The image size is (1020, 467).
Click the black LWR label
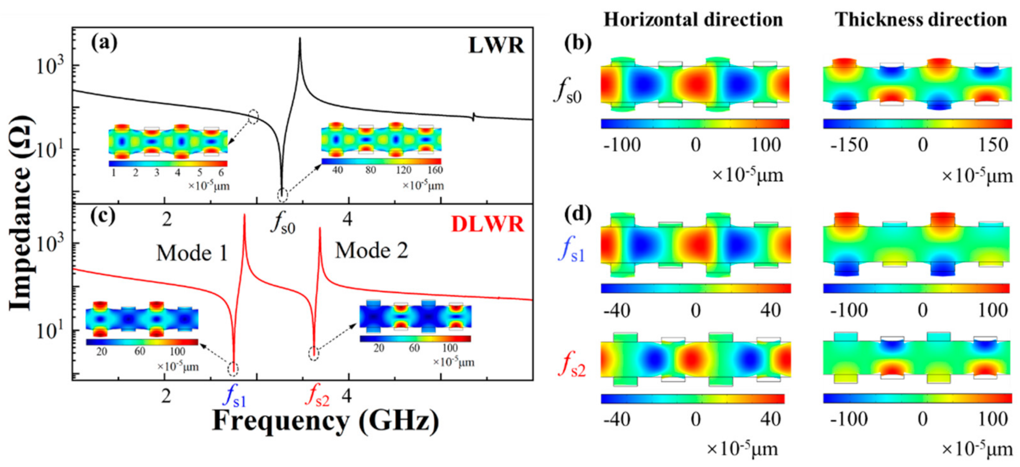(x=496, y=45)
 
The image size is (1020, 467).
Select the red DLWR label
(x=487, y=224)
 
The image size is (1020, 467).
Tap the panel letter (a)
(x=104, y=42)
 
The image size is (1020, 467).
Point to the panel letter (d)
(x=578, y=215)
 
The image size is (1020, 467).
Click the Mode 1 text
(x=192, y=253)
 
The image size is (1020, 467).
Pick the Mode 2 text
(x=372, y=251)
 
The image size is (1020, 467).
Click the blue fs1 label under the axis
(x=235, y=397)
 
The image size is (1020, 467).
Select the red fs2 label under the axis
(x=318, y=397)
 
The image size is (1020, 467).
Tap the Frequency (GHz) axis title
(x=325, y=421)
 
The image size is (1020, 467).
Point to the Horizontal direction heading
(x=693, y=20)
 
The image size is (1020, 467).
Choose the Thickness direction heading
(x=921, y=20)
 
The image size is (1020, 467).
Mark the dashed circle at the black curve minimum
(x=282, y=195)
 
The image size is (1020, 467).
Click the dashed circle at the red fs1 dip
(x=233, y=368)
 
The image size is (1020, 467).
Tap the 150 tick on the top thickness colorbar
(x=993, y=144)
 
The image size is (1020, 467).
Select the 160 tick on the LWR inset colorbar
(x=435, y=170)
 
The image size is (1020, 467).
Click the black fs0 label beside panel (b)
(x=568, y=91)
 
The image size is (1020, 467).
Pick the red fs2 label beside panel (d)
(x=571, y=366)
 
